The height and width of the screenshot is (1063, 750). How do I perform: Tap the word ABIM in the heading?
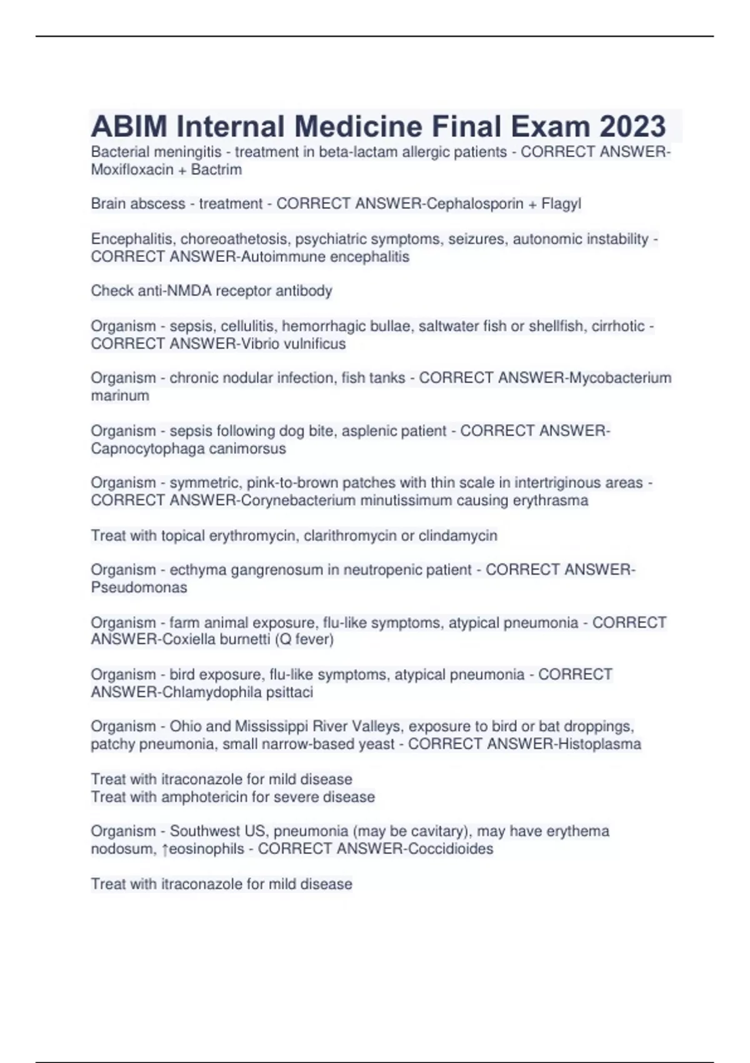coord(129,127)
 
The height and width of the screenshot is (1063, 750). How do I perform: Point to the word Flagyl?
coord(561,204)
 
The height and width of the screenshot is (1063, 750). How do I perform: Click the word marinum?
coord(120,396)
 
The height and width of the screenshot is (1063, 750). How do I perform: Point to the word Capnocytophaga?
coord(141,449)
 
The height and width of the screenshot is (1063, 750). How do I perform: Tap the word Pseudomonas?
coord(139,588)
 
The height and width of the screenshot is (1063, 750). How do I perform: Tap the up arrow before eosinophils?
coord(165,850)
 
